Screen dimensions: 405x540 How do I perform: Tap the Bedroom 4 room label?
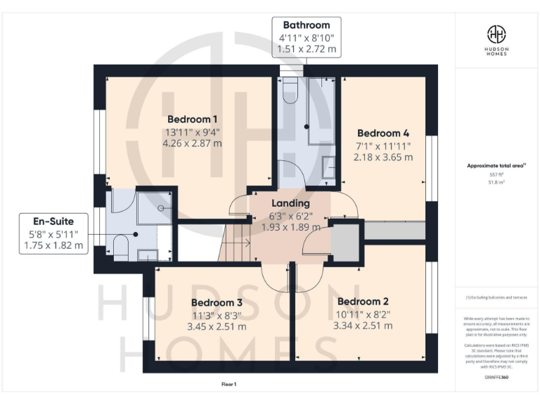[383, 133]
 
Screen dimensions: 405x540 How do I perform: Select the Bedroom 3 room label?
[217, 302]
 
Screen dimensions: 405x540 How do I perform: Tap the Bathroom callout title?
[307, 25]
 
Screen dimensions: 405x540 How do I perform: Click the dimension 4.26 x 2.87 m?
[193, 143]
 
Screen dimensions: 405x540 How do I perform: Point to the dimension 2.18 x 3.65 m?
[383, 157]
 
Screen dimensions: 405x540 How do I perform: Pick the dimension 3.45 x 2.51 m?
[217, 326]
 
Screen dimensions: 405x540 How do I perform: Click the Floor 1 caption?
[229, 385]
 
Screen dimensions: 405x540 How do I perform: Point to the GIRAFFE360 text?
[496, 378]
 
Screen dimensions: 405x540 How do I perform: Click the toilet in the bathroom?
[289, 91]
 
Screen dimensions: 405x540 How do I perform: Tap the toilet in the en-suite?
[120, 246]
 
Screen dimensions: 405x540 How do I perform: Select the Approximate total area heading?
[496, 166]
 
